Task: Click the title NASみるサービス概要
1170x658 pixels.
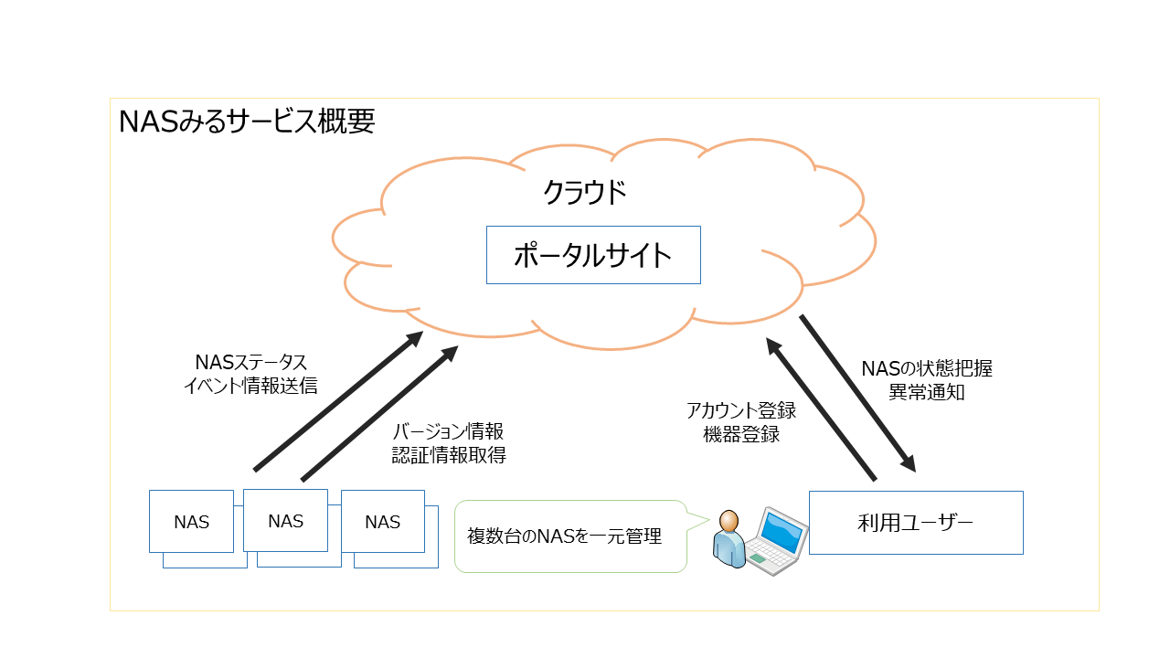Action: (247, 121)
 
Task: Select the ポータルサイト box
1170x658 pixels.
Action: (593, 255)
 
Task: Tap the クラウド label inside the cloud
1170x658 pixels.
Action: (585, 193)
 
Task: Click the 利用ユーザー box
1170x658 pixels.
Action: (916, 523)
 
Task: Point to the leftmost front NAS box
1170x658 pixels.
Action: (192, 522)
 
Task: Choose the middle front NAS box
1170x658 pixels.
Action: (286, 521)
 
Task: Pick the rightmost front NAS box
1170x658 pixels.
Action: (382, 522)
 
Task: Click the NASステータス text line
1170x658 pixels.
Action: (250, 363)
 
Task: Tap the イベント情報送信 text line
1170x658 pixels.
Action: (250, 386)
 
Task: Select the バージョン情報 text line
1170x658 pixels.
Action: (449, 431)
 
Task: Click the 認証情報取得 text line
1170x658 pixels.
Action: (449, 454)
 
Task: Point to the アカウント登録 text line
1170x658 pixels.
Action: (740, 411)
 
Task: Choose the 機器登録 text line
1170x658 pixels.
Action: (740, 434)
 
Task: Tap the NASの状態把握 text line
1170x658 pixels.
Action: (927, 369)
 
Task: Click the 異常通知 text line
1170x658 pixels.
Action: (927, 392)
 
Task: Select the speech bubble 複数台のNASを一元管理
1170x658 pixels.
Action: (570, 536)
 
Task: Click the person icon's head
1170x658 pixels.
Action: (729, 522)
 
